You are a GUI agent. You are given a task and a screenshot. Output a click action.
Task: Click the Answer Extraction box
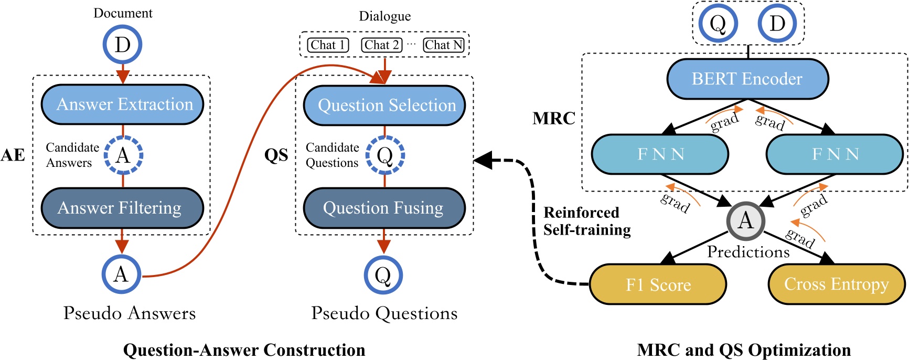(122, 104)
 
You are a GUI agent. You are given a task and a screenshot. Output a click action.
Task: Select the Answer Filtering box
(122, 208)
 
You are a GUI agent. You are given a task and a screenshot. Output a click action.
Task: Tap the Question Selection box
(384, 105)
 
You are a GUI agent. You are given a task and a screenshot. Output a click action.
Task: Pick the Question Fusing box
(384, 208)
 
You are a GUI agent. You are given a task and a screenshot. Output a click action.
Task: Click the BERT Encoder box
(747, 79)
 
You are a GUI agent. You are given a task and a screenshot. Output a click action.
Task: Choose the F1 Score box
(658, 284)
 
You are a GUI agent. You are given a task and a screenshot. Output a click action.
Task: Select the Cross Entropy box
(837, 284)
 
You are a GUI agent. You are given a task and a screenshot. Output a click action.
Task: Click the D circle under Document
(122, 44)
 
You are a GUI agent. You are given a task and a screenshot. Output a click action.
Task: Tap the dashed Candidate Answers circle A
(123, 155)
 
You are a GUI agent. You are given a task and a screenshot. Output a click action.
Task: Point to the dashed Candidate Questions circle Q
(385, 155)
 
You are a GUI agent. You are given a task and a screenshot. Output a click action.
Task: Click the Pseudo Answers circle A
(121, 274)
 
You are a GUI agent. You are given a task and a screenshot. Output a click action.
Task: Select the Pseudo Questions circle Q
(383, 275)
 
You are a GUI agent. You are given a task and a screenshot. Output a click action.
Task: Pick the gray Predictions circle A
(745, 220)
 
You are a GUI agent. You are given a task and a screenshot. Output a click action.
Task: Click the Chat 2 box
(382, 45)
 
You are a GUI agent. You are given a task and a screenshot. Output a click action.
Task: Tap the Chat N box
(444, 45)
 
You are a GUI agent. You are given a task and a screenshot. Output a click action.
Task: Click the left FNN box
(660, 154)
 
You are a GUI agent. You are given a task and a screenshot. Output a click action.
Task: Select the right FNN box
(835, 154)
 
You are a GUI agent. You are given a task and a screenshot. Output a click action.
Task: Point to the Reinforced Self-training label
(586, 221)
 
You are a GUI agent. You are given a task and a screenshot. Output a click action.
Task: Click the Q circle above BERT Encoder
(718, 24)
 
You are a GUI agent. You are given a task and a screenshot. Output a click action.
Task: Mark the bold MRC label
(553, 119)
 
